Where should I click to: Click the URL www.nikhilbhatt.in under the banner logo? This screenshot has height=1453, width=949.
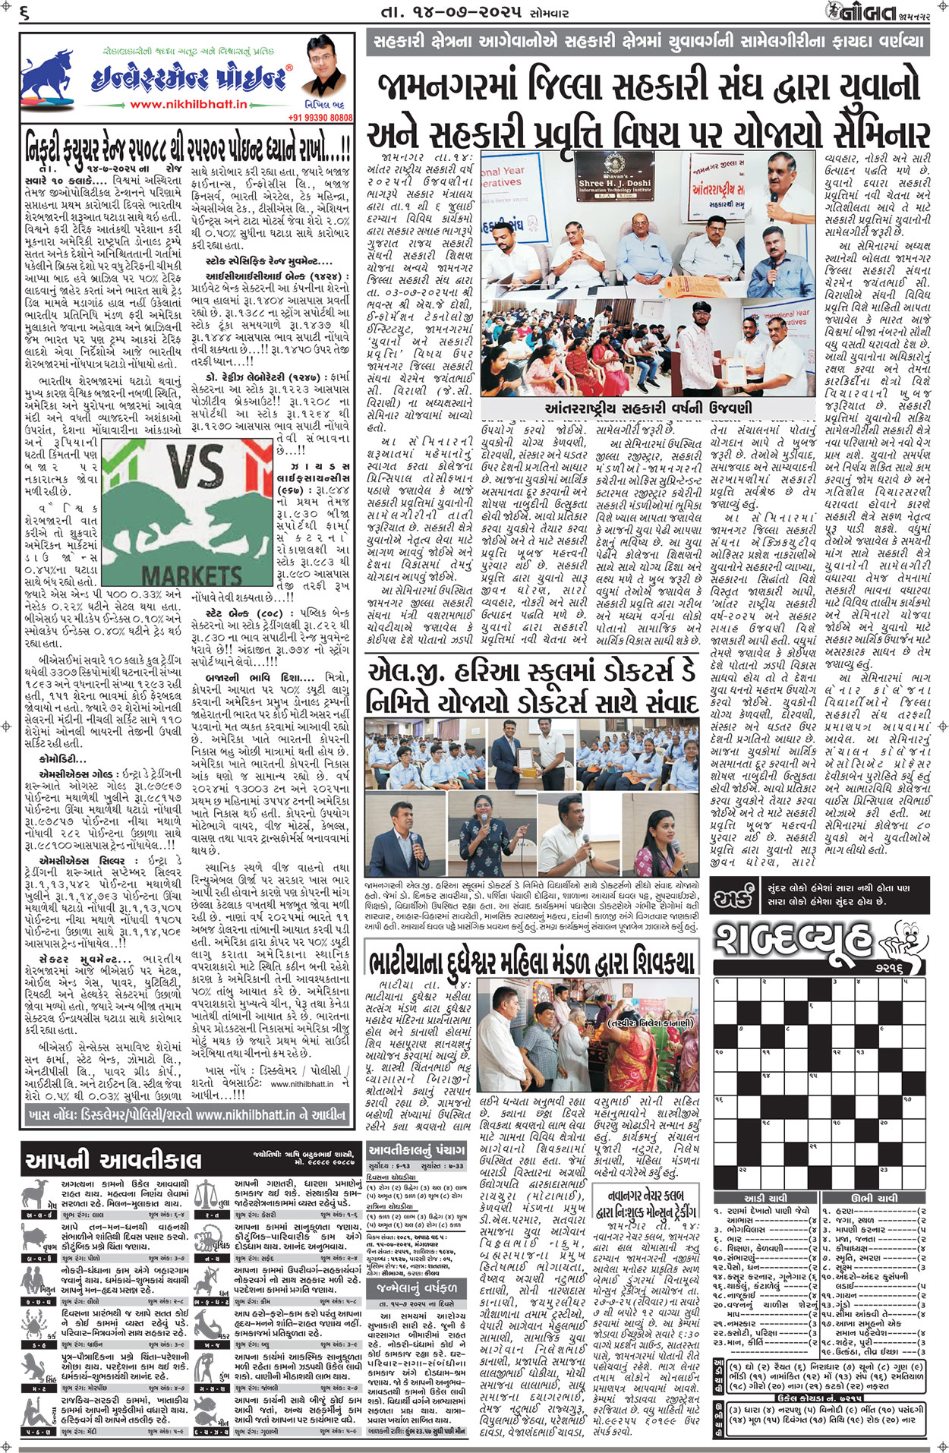click(x=188, y=105)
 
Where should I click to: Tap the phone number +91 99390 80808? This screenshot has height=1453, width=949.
click(x=320, y=118)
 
